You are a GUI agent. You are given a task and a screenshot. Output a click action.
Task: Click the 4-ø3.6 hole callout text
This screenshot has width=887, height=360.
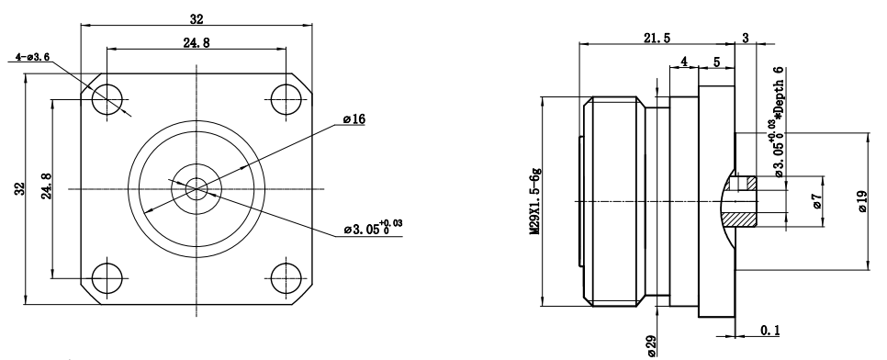click(33, 57)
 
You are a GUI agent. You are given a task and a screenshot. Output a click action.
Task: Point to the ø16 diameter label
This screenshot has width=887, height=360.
click(354, 118)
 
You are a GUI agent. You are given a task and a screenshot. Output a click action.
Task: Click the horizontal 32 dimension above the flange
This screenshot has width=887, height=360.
click(196, 19)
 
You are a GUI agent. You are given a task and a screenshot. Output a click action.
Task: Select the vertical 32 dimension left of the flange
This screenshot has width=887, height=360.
click(20, 189)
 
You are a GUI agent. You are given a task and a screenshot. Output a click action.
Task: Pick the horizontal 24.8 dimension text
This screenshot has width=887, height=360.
click(196, 43)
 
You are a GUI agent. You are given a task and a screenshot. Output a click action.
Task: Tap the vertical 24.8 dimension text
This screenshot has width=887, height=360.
click(47, 186)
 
